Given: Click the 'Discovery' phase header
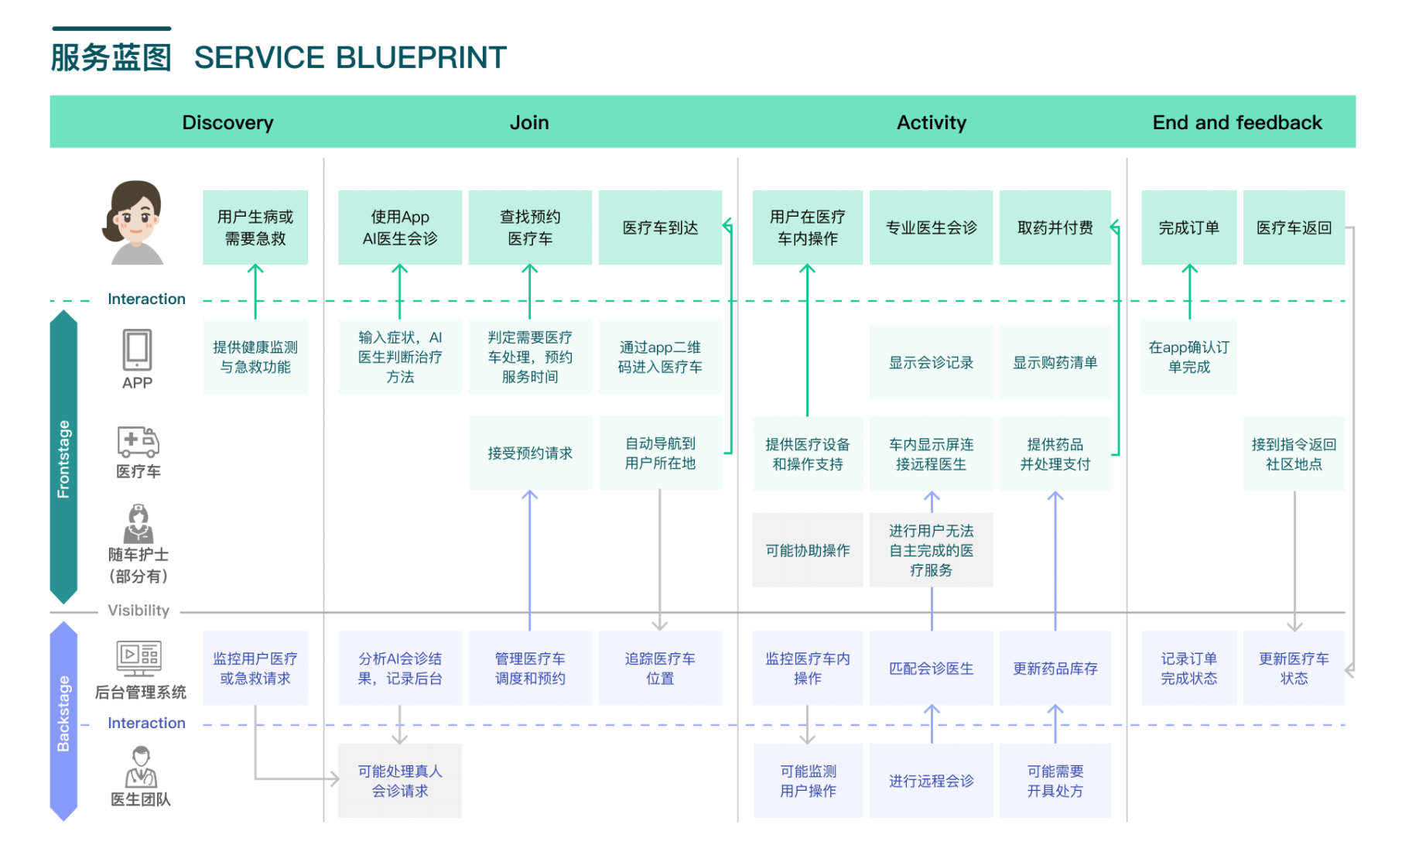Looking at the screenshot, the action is pos(227,122).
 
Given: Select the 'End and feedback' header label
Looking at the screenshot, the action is pos(1236,122).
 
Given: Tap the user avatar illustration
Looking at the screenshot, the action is pos(133,223).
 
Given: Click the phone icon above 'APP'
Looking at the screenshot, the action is pos(137,350).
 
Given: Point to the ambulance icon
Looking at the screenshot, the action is pos(138,441).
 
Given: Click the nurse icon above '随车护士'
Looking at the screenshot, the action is pos(138,524).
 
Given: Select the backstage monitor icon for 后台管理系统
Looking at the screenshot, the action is pos(138,658).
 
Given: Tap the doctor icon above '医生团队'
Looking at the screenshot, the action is pos(141,767).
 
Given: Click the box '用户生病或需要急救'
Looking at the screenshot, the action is pos(255,227).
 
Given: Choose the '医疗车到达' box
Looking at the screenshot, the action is pos(660,227).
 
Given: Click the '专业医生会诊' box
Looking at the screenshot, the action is pos(931,227).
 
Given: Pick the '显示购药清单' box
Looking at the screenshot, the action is pos(1055,362).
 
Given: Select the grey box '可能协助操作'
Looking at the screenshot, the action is pos(808,550).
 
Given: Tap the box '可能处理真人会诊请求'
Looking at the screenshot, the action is pos(400,781).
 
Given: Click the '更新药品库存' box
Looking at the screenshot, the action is pos(1055,668).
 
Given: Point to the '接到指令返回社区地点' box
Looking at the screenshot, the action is pos(1294,453).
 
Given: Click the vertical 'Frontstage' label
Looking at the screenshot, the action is pos(63,459).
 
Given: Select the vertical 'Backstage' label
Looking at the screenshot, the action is pos(63,713).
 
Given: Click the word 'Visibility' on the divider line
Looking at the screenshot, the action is pos(138,611).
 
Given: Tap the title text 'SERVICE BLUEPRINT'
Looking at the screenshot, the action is pos(350,57).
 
